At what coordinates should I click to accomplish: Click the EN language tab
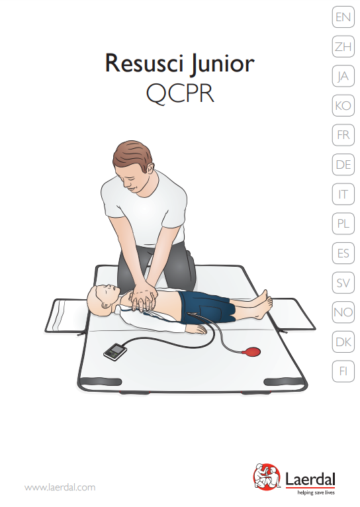343,17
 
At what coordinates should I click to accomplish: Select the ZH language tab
343,46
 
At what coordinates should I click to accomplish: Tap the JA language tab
343,76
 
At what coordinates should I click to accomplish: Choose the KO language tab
343,105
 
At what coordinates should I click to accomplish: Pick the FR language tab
343,135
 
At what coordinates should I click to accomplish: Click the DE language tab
343,165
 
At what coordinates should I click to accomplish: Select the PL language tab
343,224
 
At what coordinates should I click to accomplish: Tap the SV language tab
343,283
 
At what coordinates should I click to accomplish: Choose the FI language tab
343,371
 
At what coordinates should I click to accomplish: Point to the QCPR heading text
180,94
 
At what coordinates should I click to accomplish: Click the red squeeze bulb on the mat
252,351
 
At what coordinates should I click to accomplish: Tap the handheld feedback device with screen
115,352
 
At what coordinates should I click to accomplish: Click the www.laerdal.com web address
60,487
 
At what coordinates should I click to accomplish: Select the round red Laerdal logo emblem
267,477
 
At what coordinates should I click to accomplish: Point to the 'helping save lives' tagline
316,493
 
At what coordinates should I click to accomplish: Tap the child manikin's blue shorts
207,306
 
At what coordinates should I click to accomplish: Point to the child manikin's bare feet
263,304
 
